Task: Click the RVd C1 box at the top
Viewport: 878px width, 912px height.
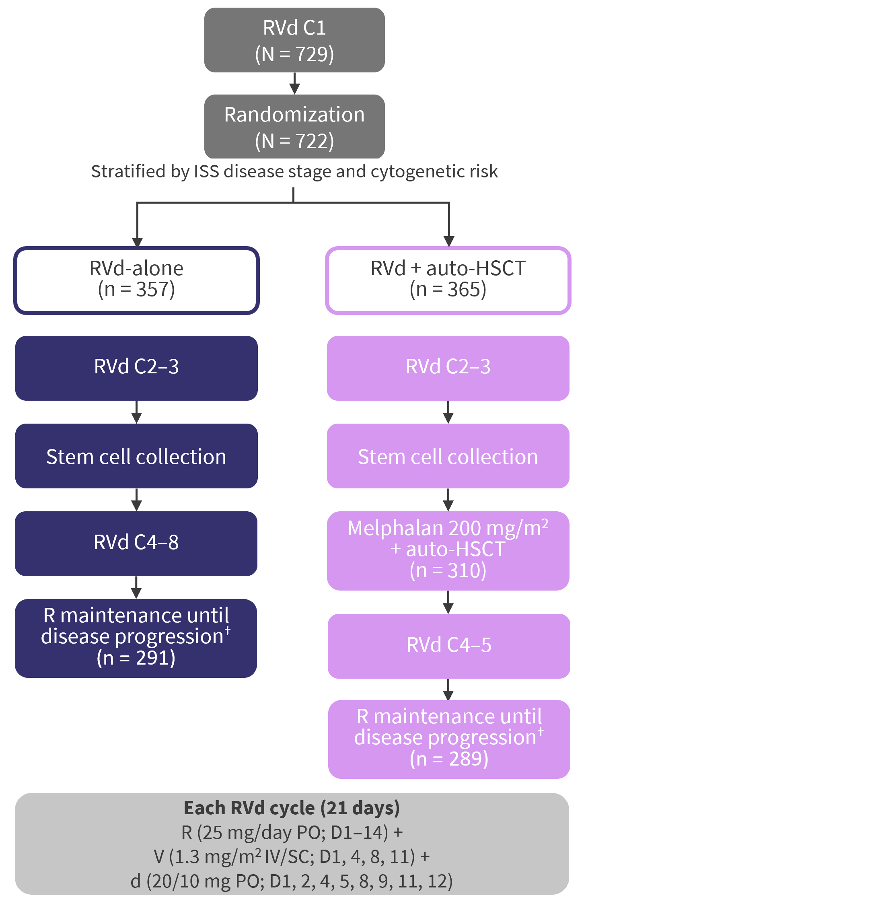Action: (x=294, y=39)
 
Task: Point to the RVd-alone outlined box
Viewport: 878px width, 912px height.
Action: (x=136, y=280)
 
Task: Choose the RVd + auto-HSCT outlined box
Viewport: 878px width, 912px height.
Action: (x=448, y=280)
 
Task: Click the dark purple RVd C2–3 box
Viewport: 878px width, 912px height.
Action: (x=136, y=368)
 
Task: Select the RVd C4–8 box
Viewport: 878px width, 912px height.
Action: (x=136, y=543)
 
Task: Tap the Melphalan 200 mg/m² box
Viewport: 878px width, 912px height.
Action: (x=448, y=550)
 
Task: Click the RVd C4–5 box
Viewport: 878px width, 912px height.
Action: (x=448, y=645)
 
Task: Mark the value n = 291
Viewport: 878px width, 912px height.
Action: (x=136, y=658)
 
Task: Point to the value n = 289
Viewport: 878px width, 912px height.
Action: (x=449, y=758)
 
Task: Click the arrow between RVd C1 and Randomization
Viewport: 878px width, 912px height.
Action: (x=294, y=84)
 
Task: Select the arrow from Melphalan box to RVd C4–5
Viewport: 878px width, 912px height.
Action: (x=448, y=603)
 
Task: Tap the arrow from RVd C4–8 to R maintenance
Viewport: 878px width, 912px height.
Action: (x=136, y=588)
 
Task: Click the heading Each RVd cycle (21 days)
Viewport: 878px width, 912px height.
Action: (x=292, y=808)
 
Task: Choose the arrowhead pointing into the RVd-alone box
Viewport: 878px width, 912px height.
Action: (x=137, y=242)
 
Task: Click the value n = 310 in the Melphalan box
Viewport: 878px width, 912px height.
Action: (x=448, y=570)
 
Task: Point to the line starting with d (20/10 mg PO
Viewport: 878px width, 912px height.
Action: (x=292, y=881)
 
